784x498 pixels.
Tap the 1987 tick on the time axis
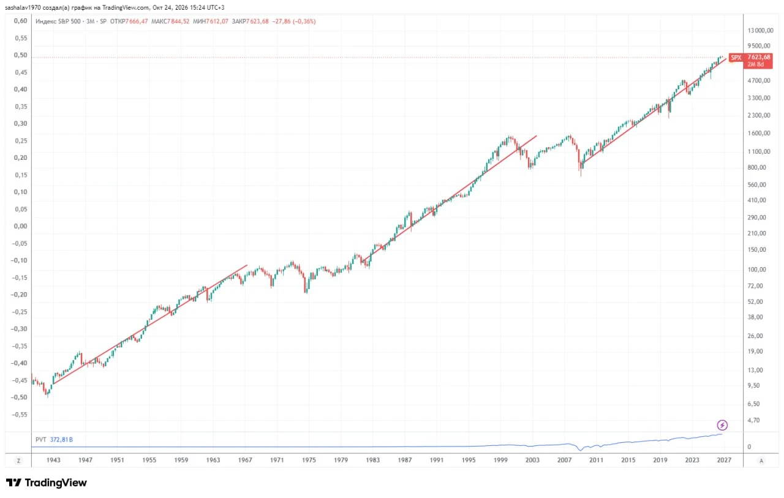[x=405, y=460]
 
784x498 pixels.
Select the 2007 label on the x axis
[x=564, y=460]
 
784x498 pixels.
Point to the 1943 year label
[x=53, y=460]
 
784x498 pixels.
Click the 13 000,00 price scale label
[x=760, y=31]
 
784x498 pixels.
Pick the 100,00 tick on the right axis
[x=756, y=270]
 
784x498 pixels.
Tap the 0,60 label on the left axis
[x=20, y=21]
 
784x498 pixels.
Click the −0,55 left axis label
[x=19, y=414]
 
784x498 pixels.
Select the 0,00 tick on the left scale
[x=20, y=226]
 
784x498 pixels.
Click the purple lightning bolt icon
[x=722, y=425]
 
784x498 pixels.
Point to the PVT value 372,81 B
[x=61, y=440]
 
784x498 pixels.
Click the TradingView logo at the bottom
[x=46, y=483]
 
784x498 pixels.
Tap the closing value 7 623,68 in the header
[x=257, y=21]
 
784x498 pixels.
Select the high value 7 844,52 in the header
[x=178, y=21]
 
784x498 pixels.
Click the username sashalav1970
[x=23, y=7]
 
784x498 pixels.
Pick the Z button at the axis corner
[x=18, y=461]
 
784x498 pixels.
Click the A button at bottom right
[x=761, y=461]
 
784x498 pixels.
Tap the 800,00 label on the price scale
[x=756, y=167]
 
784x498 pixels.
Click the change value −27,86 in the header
[x=281, y=21]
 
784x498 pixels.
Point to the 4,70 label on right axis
[x=753, y=420]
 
